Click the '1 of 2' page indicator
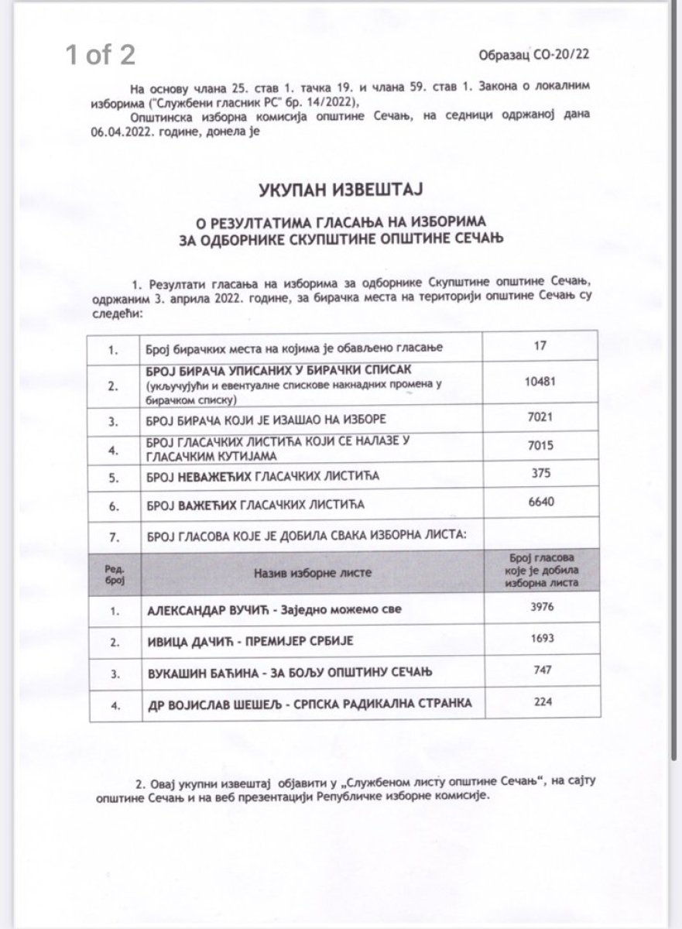(101, 56)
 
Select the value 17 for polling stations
(540, 348)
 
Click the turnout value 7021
(540, 419)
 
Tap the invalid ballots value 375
(540, 476)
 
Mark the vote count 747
(540, 671)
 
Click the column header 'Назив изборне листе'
(310, 572)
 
